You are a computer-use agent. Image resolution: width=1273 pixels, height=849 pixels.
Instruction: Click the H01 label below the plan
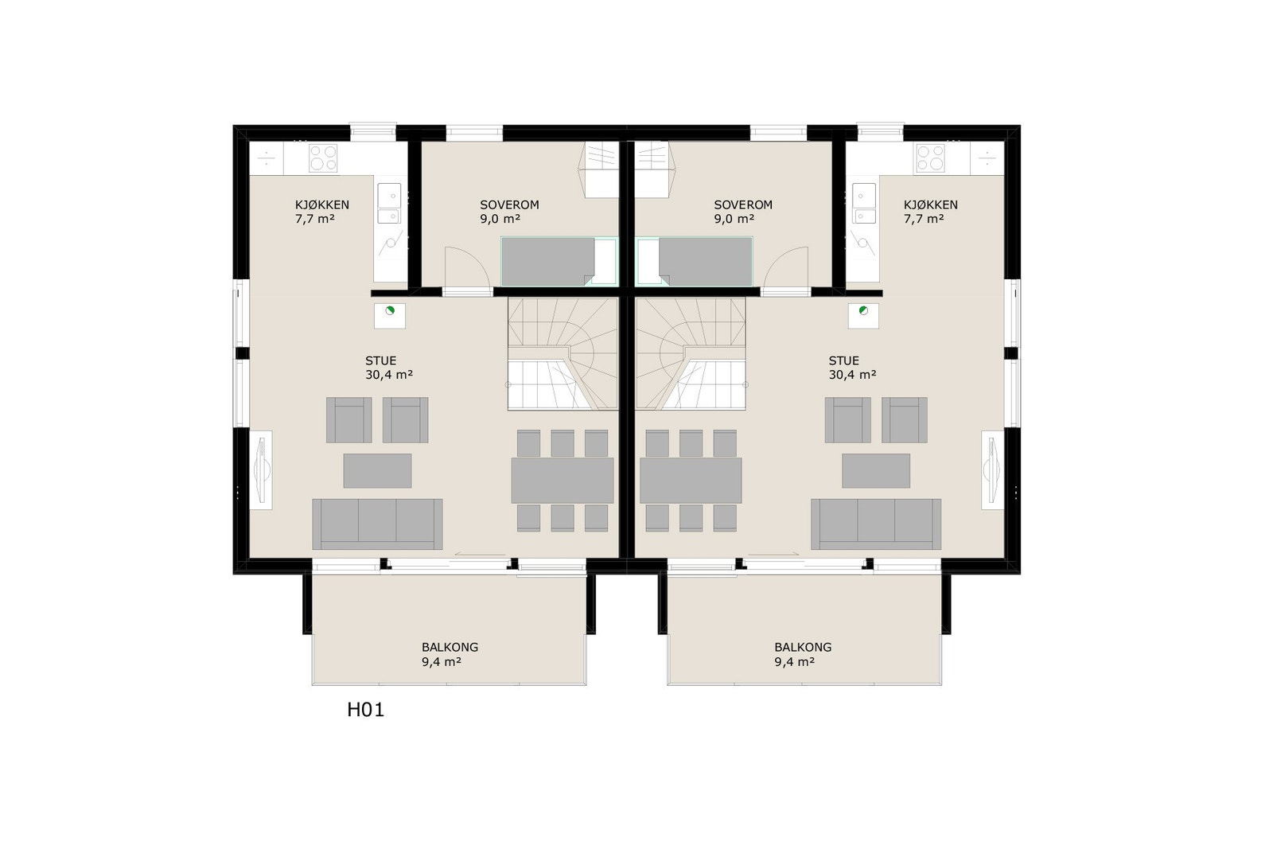365,710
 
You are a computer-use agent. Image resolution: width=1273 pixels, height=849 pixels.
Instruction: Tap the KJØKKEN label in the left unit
321,204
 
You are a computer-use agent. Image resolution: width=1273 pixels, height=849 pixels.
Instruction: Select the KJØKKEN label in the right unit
930,204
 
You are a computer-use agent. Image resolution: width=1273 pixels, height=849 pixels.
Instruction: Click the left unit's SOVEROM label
509,204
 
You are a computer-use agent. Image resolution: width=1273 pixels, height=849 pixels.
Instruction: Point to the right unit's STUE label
843,360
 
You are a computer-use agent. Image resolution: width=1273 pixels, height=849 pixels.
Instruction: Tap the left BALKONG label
450,647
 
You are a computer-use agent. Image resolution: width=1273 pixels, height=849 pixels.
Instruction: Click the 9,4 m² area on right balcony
794,661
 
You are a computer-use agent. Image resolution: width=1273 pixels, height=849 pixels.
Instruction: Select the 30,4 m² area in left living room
388,375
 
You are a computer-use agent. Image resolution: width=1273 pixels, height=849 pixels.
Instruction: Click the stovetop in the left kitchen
323,158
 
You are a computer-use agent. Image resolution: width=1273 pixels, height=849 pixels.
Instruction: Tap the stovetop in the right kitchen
929,158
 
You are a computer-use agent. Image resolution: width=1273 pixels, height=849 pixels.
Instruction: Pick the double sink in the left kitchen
389,204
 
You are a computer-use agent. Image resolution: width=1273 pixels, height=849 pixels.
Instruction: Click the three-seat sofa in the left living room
377,524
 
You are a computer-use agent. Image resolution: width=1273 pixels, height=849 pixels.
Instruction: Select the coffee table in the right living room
876,470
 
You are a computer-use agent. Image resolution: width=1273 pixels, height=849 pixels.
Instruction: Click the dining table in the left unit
562,480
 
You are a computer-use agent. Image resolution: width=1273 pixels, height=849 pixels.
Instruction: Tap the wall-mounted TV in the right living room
991,469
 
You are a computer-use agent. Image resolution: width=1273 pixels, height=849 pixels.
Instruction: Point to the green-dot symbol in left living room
390,311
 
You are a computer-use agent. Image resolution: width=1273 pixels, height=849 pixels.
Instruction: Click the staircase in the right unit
690,354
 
